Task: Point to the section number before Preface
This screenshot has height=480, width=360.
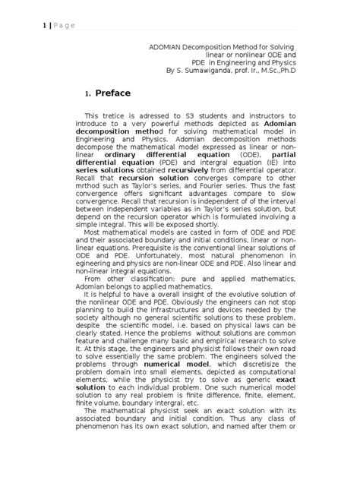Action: coord(88,94)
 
